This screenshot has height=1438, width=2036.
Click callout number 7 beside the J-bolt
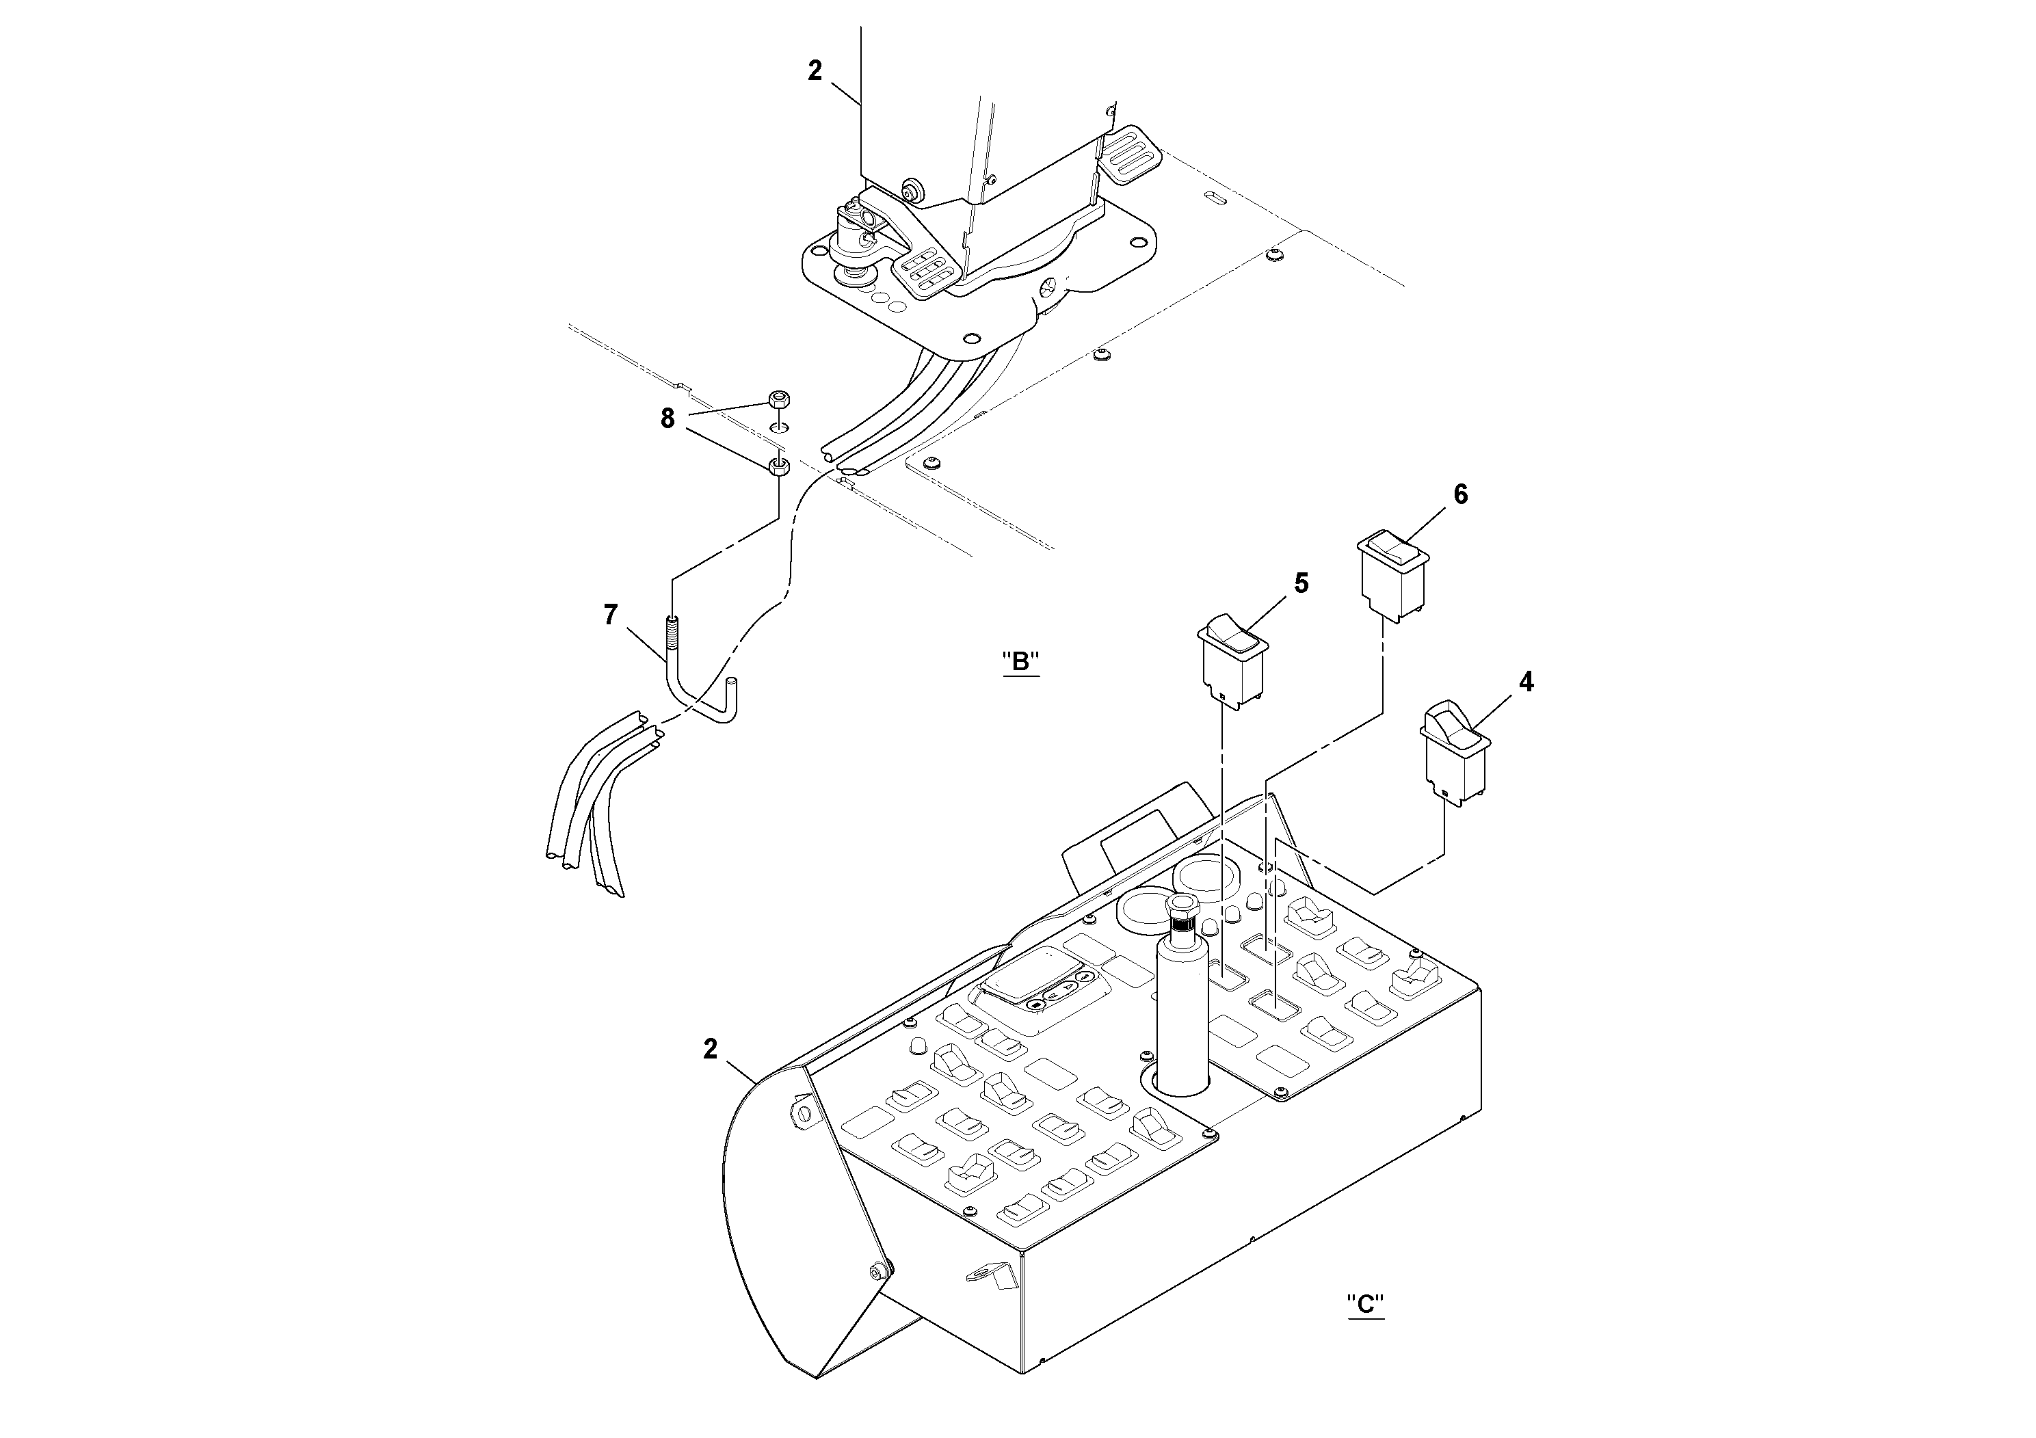(x=610, y=615)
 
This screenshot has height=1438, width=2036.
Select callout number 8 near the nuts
(x=667, y=418)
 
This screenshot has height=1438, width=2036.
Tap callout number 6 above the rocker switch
(x=1461, y=494)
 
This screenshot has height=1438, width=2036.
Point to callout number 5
(x=1301, y=583)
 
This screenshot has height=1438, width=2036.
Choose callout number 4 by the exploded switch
(x=1525, y=682)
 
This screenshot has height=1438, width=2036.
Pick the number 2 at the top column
(x=815, y=71)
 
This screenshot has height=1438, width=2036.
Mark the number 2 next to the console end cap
(x=711, y=1049)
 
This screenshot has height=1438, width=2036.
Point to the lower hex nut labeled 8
(x=778, y=466)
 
